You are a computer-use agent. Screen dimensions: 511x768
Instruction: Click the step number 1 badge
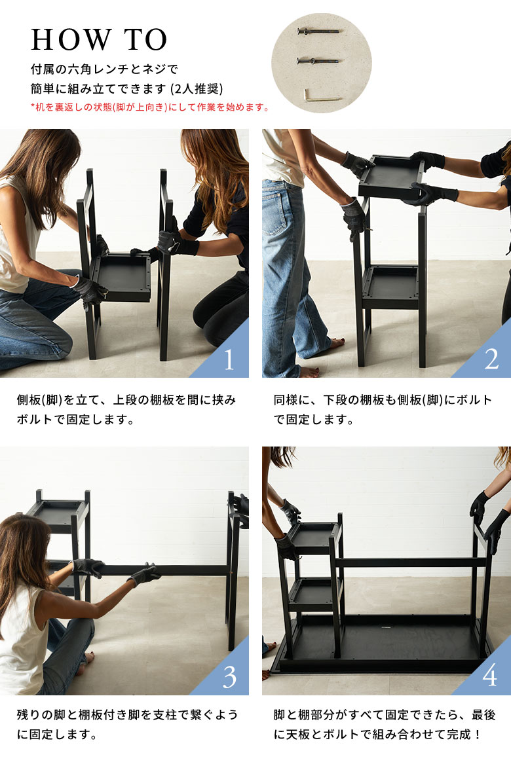pos(229,359)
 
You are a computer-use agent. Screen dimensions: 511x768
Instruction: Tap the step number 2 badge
pos(491,359)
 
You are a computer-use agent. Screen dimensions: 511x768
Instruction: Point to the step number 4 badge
pos(490,676)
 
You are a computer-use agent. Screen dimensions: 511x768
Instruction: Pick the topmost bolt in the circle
pos(318,32)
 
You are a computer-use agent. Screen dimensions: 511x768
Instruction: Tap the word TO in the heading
pos(145,40)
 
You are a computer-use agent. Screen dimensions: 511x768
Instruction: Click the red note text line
pos(151,107)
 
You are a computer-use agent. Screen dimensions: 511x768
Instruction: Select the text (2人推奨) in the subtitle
pos(197,88)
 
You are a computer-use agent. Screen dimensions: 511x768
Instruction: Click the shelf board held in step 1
pos(122,277)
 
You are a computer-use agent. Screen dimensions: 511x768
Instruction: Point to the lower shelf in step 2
pos(390,287)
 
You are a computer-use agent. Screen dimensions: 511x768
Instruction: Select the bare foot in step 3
pos(89,657)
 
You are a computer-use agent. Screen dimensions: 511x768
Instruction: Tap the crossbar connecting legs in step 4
pos(408,562)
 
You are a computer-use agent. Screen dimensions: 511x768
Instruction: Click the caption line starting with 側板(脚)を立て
pos(126,400)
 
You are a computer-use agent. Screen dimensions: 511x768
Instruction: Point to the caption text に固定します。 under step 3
pos(57,735)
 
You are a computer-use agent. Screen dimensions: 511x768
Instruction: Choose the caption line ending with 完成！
pos(378,735)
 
